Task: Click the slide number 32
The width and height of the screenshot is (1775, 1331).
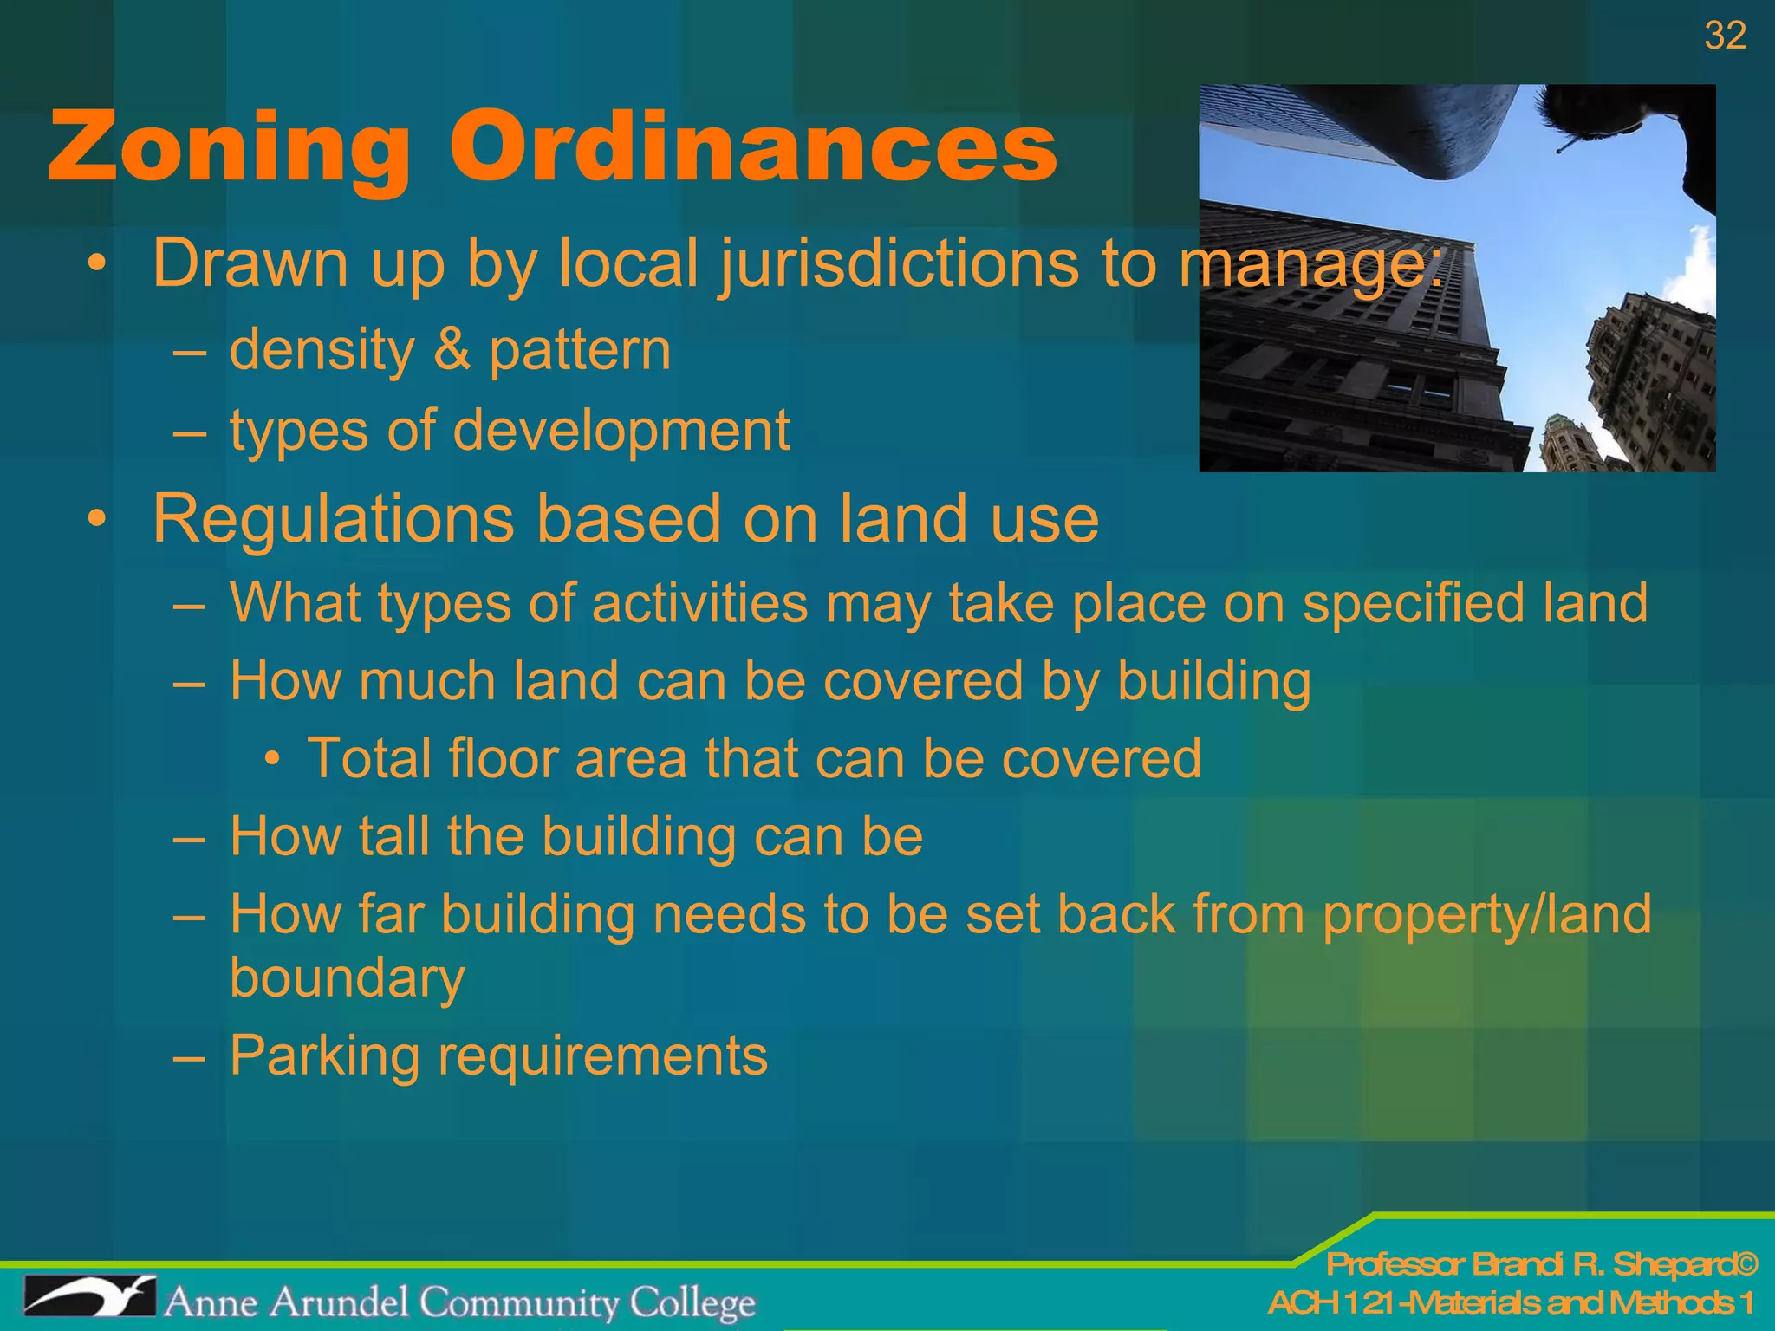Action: point(1725,36)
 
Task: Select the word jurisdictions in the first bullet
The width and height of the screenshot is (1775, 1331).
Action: point(900,263)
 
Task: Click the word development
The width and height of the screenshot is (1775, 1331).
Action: point(621,431)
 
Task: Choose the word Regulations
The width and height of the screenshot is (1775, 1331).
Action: point(334,519)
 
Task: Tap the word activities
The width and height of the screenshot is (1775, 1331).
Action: point(700,602)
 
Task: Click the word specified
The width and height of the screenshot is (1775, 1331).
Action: point(1414,602)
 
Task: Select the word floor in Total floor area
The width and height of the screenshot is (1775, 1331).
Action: point(503,758)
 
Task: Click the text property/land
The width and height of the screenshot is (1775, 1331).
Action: point(1487,915)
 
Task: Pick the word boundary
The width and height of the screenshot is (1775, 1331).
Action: point(348,978)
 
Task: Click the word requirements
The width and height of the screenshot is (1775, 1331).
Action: point(603,1056)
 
